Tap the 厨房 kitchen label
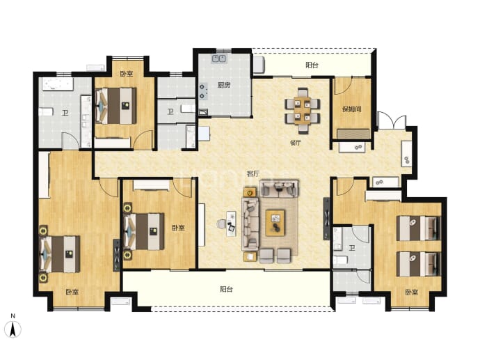(224, 85)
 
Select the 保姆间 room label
(351, 109)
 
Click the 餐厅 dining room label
(296, 143)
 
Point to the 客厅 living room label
(253, 173)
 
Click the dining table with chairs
(303, 111)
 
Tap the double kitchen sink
(218, 58)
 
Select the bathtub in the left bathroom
(58, 84)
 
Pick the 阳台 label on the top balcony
(312, 65)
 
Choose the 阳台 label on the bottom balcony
(226, 289)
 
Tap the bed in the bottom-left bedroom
(60, 254)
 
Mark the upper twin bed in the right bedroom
(419, 228)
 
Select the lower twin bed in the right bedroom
(419, 264)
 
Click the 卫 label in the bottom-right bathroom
(352, 248)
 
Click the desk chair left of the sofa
(221, 224)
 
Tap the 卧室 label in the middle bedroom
(178, 228)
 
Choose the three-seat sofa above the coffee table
(279, 188)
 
